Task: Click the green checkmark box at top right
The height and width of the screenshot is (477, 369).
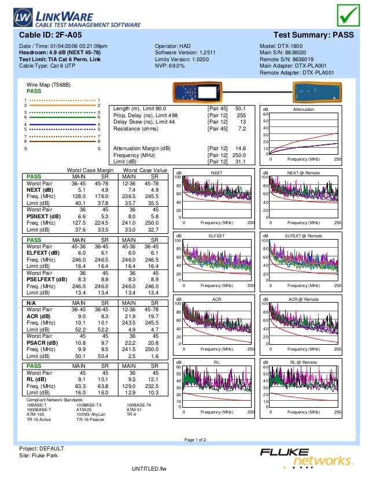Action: [x=349, y=16]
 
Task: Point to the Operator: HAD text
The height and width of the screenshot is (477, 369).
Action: [x=173, y=46]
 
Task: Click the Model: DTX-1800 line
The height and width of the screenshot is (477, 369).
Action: [x=282, y=46]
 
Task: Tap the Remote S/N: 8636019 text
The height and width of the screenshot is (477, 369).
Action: [x=286, y=59]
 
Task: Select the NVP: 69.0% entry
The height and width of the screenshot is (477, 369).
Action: [x=170, y=66]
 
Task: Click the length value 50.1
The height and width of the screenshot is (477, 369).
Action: [x=241, y=108]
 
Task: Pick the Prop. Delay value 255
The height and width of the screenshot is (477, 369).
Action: [x=242, y=115]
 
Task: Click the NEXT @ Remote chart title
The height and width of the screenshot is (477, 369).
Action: [x=304, y=173]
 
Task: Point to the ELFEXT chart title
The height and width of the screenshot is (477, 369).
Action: [x=217, y=236]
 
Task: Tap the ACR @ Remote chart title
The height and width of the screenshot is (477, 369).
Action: [x=304, y=299]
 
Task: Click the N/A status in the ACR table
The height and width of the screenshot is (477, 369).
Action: [x=27, y=302]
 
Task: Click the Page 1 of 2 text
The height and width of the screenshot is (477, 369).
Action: [x=195, y=440]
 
